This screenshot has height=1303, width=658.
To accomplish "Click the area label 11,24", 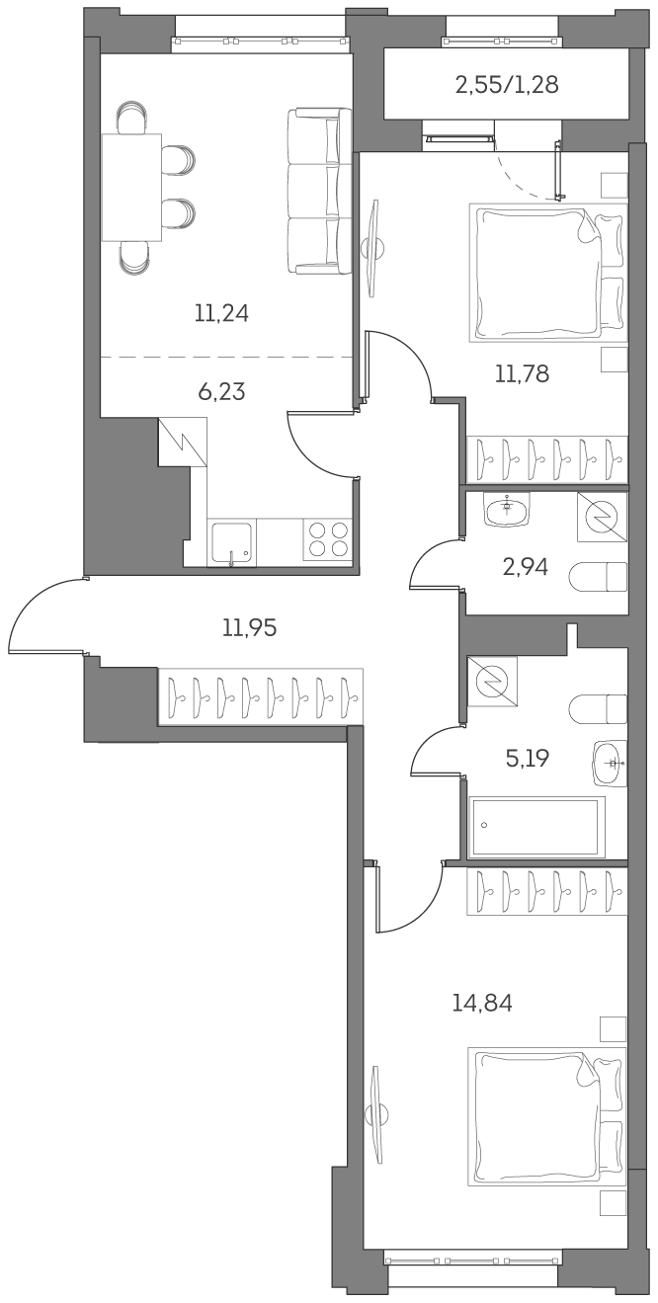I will [221, 314].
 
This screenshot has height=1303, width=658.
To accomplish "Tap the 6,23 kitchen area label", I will [221, 392].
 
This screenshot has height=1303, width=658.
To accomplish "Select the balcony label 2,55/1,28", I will [507, 85].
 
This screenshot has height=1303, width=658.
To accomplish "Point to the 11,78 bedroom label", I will [522, 373].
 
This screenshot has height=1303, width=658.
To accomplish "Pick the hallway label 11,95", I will [249, 626].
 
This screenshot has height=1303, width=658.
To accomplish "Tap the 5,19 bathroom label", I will [526, 759].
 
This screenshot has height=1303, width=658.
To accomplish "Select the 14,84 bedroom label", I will [482, 1004].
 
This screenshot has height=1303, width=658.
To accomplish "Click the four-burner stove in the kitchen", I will [328, 540].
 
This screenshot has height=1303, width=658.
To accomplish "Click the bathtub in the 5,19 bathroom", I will [536, 827].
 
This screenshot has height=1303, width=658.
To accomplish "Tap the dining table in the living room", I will [131, 188].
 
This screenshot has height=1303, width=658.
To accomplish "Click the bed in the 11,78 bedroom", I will [546, 273].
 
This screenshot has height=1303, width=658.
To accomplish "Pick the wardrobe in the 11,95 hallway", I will [260, 696].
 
